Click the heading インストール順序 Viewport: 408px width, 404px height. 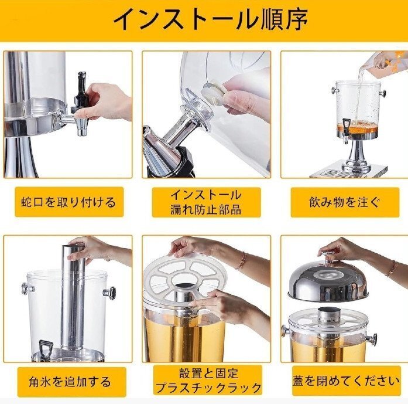click(x=211, y=19)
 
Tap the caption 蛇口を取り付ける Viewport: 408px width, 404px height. click(x=68, y=202)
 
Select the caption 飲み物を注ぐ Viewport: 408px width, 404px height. click(x=345, y=202)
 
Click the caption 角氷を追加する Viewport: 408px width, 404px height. click(x=70, y=382)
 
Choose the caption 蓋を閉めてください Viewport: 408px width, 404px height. click(x=346, y=381)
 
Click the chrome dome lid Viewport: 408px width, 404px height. click(x=328, y=281)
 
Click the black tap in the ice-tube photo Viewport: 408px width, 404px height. click(x=45, y=349)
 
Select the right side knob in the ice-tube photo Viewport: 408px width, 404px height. click(x=109, y=293)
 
